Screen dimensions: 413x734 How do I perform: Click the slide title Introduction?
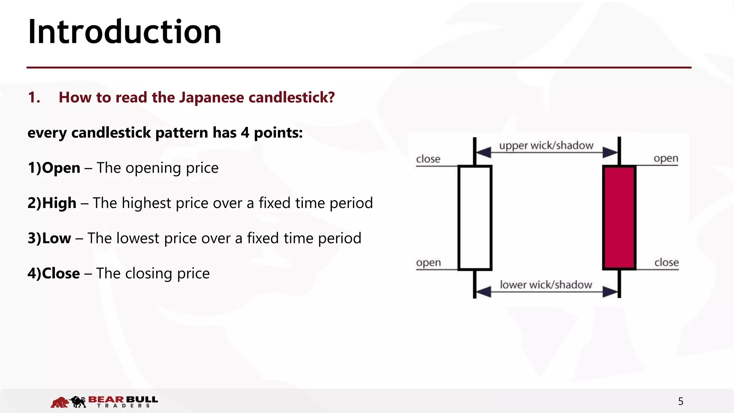(124, 32)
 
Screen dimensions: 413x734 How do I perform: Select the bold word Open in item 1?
(61, 168)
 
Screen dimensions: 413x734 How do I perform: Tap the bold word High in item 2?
(59, 203)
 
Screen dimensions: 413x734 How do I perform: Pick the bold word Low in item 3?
(57, 238)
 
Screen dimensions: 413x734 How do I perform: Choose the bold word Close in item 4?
(61, 273)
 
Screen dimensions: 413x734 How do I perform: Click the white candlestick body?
(475, 218)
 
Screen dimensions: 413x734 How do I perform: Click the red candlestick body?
(619, 218)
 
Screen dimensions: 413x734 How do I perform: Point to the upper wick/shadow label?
(546, 146)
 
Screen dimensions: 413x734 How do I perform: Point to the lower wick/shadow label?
(546, 285)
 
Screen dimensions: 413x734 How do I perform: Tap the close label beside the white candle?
(428, 159)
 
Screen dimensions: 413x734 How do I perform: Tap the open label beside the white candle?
(428, 263)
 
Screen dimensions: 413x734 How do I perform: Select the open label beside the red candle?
(666, 158)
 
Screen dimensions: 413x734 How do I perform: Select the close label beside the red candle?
(667, 262)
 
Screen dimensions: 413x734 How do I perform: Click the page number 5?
(681, 401)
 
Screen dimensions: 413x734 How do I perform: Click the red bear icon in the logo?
(59, 402)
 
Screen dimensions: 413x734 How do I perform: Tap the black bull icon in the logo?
(78, 402)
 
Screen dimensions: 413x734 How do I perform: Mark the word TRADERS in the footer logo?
(124, 406)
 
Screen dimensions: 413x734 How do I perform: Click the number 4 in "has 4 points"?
(245, 133)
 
